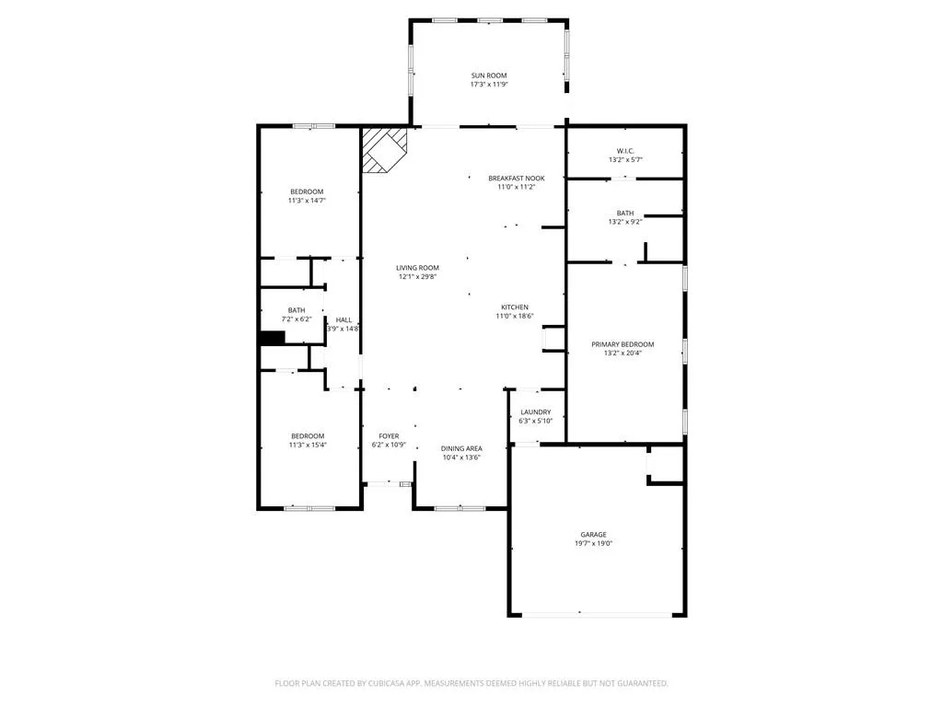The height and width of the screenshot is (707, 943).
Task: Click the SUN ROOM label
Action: click(x=488, y=75)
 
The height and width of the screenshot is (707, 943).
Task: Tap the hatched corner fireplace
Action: click(x=384, y=150)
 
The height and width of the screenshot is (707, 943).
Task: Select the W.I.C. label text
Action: click(x=625, y=151)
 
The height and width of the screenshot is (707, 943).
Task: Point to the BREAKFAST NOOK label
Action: click(x=516, y=179)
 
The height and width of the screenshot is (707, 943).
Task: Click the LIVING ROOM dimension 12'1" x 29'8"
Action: click(x=417, y=277)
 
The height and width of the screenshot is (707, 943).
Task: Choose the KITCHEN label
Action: click(x=515, y=307)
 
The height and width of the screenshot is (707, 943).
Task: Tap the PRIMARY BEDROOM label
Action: click(x=623, y=344)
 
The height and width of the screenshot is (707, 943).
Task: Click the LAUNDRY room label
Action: click(x=535, y=412)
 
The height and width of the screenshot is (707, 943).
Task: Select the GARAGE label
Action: click(x=593, y=535)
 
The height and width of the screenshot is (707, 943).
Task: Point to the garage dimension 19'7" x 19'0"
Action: click(x=593, y=543)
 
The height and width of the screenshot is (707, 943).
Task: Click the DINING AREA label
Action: click(x=461, y=448)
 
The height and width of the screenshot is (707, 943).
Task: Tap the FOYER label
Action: click(x=389, y=436)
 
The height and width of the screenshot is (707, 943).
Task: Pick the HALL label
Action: click(x=343, y=320)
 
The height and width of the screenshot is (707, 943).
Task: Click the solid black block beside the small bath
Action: click(x=272, y=338)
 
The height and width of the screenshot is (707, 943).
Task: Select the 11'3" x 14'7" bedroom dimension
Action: click(x=307, y=201)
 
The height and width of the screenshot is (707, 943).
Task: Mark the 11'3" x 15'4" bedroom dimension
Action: click(x=308, y=446)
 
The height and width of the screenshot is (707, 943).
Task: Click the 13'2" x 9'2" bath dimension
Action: click(x=625, y=222)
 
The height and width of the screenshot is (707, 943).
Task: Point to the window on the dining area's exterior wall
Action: click(x=460, y=508)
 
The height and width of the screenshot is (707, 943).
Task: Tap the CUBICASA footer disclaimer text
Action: click(x=471, y=684)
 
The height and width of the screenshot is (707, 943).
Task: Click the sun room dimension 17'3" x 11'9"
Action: click(x=488, y=85)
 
